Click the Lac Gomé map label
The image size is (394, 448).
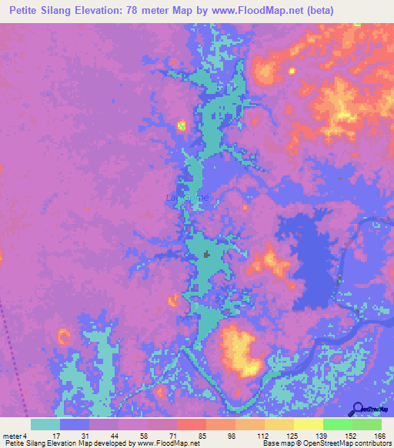(187, 197)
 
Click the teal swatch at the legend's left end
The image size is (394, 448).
(45, 424)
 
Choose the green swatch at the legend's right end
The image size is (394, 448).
(367, 424)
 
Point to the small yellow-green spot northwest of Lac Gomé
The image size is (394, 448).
(182, 125)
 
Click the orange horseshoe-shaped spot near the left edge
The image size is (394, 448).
(62, 336)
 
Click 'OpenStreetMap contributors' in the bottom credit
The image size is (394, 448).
(351, 443)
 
